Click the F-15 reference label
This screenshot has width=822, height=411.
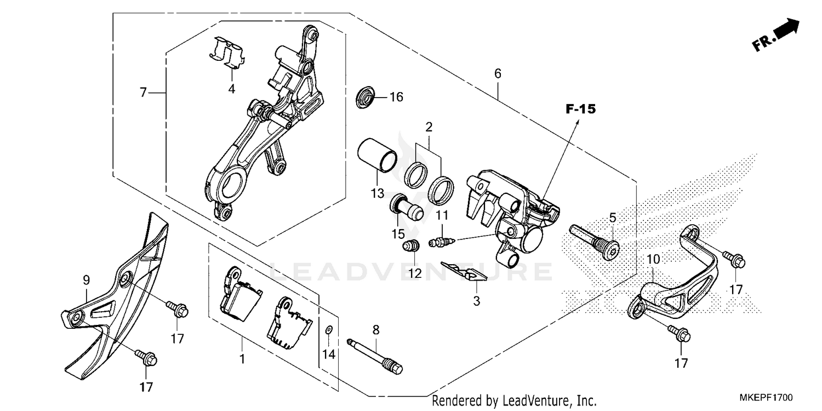pos(580,110)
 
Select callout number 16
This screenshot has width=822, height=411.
pos(396,98)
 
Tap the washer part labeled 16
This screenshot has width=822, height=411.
pos(365,97)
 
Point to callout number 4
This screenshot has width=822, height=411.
pos(232,89)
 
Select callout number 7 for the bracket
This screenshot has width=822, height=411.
pos(143,93)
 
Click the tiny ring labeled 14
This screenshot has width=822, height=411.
pos(328,329)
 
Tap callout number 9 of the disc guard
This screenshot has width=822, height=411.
pos(87,280)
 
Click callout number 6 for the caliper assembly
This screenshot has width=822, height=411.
pos(498,73)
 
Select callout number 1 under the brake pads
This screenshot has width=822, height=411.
pos(242,359)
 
